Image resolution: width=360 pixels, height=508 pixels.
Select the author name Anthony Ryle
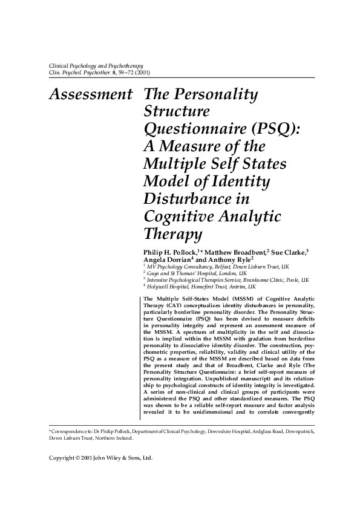pyautogui.click(x=220, y=259)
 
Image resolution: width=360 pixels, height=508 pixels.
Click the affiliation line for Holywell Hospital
pyautogui.click(x=200, y=287)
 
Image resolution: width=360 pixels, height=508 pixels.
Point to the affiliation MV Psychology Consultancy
pyautogui.click(x=182, y=266)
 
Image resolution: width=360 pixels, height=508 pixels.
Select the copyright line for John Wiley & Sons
pyautogui.click(x=100, y=475)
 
